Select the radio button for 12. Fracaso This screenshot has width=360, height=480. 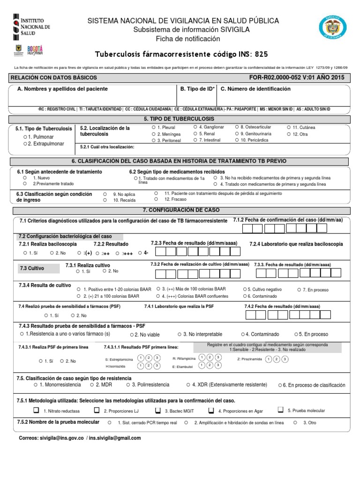pyautogui.click(x=156, y=199)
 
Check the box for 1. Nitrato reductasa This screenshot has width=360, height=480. pyautogui.click(x=36, y=410)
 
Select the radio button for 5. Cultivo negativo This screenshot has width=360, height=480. pyautogui.click(x=245, y=289)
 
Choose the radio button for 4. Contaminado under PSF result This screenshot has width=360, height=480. pyautogui.click(x=242, y=334)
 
